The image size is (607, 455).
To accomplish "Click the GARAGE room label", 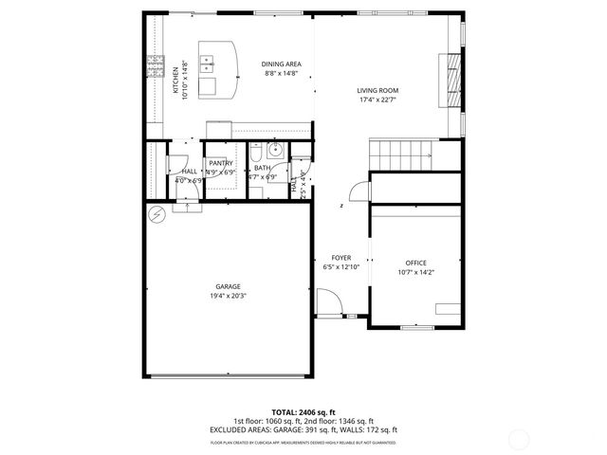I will (227, 286).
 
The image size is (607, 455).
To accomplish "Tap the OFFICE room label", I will (415, 263).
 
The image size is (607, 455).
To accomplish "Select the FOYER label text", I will (340, 258).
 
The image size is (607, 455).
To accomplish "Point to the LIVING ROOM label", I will (377, 90).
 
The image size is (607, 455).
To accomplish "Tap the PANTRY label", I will (221, 163).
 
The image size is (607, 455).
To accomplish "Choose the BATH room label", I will (261, 168).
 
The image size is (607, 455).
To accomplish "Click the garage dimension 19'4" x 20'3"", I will (227, 296).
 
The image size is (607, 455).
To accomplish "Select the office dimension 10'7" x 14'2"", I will (415, 272).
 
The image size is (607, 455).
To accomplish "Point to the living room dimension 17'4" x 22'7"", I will (377, 100).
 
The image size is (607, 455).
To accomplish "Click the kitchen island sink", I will (210, 65).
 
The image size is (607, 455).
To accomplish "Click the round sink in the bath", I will (274, 150).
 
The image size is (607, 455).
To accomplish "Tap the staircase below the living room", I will (398, 153).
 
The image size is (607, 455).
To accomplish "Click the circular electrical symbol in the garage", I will (156, 215).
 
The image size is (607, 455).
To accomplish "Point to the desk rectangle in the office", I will (446, 307).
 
